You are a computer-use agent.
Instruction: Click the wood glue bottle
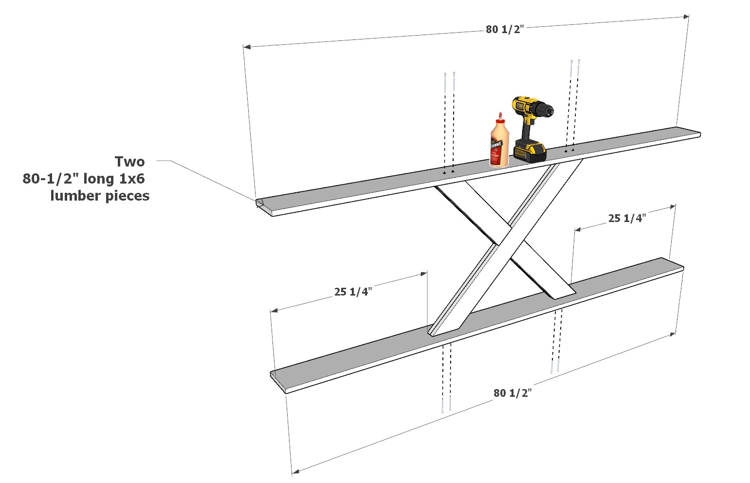pyautogui.click(x=498, y=144)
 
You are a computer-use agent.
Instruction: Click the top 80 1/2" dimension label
pyautogui.click(x=504, y=29)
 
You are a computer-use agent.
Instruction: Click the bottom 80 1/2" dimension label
pyautogui.click(x=512, y=393)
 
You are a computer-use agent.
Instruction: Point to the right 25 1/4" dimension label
pyautogui.click(x=626, y=218)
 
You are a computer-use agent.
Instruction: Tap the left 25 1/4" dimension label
pyautogui.click(x=353, y=292)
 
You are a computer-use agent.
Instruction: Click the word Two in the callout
pyautogui.click(x=129, y=162)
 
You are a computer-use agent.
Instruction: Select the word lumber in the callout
pyautogui.click(x=74, y=196)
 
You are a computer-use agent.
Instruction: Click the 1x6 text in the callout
pyautogui.click(x=130, y=179)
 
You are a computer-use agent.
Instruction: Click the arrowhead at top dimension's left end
pyautogui.click(x=246, y=47)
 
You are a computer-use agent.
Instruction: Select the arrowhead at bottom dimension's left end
pyautogui.click(x=295, y=471)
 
